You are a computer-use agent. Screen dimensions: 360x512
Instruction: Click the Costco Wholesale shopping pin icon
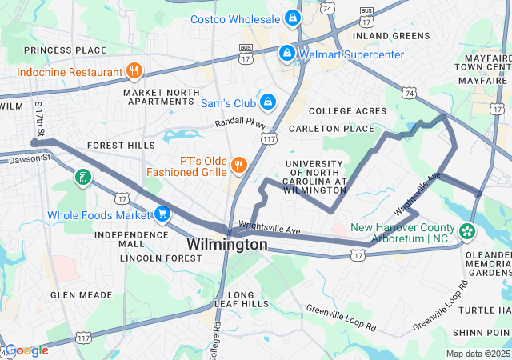click(x=292, y=18)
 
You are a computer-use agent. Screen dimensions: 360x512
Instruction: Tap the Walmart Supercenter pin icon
click(x=286, y=54)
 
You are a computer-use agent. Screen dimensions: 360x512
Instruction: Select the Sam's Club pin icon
click(x=268, y=102)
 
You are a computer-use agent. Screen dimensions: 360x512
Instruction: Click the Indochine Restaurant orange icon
click(x=134, y=71)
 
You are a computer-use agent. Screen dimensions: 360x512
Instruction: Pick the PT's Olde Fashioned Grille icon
click(x=238, y=166)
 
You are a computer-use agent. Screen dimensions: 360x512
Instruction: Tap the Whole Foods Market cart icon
click(x=162, y=214)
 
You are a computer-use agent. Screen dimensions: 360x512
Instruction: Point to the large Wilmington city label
click(x=227, y=244)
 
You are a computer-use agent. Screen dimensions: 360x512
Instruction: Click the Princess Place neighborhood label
click(x=65, y=50)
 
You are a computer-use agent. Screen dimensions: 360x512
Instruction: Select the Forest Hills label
click(x=121, y=146)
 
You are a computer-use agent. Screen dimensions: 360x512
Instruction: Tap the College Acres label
click(x=342, y=110)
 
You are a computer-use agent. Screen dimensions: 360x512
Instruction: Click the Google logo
click(x=26, y=350)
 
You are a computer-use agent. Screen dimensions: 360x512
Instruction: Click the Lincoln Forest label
click(x=161, y=258)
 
